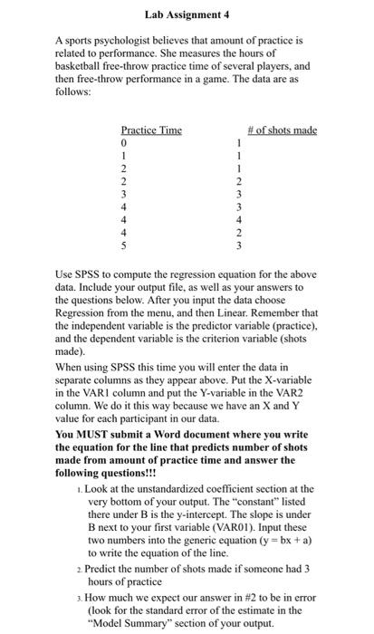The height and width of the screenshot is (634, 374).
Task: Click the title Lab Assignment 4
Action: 187,14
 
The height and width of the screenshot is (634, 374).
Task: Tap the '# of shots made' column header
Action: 282,130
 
